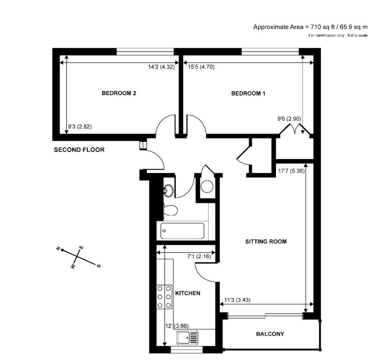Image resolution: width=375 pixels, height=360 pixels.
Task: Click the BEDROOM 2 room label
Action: (119, 93)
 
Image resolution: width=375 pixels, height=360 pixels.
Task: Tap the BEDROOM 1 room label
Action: (248, 93)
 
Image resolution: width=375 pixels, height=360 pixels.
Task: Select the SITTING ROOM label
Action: (266, 242)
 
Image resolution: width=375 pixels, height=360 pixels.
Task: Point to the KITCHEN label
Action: (187, 293)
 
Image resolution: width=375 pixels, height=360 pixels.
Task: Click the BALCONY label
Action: (270, 334)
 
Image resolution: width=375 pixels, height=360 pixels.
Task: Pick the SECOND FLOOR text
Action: (79, 150)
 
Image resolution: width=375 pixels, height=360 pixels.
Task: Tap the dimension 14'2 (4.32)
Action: (161, 67)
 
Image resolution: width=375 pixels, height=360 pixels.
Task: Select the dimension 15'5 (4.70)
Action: (201, 67)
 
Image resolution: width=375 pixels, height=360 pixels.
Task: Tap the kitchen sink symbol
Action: (187, 337)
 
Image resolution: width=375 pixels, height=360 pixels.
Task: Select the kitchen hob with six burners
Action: (164, 297)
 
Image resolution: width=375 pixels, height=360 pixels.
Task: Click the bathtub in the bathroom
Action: (182, 231)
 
